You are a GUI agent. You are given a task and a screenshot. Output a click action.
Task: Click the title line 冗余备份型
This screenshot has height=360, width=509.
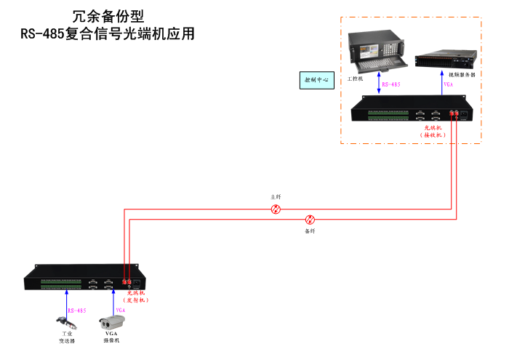pyautogui.click(x=108, y=15)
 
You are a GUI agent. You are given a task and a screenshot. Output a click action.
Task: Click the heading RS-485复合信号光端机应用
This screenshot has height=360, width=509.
pyautogui.click(x=108, y=33)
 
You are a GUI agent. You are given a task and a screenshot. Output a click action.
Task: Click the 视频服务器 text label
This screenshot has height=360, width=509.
pyautogui.click(x=462, y=75)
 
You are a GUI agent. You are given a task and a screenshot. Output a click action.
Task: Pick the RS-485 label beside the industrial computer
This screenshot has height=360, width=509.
pyautogui.click(x=392, y=84)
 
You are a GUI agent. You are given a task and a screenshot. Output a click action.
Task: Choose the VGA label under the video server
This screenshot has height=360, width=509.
pyautogui.click(x=448, y=84)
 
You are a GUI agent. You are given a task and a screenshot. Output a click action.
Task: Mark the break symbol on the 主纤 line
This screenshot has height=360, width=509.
pyautogui.click(x=276, y=209)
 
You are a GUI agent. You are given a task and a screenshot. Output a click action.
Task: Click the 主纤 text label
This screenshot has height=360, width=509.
pyautogui.click(x=276, y=197)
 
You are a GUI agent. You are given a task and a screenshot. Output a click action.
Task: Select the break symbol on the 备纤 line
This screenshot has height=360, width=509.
pyautogui.click(x=310, y=219)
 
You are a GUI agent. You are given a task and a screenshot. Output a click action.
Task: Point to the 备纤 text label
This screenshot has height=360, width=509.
pyautogui.click(x=310, y=231)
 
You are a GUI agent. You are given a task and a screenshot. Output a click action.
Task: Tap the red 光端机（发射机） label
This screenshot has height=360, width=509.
pyautogui.click(x=137, y=296)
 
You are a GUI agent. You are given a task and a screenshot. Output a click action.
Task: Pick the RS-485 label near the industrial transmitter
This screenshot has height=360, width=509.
pyautogui.click(x=77, y=311)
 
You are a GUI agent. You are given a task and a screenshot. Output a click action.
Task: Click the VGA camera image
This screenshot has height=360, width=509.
pyautogui.click(x=113, y=319)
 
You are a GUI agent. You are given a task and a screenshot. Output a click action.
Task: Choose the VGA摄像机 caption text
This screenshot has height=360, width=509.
pyautogui.click(x=111, y=336)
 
